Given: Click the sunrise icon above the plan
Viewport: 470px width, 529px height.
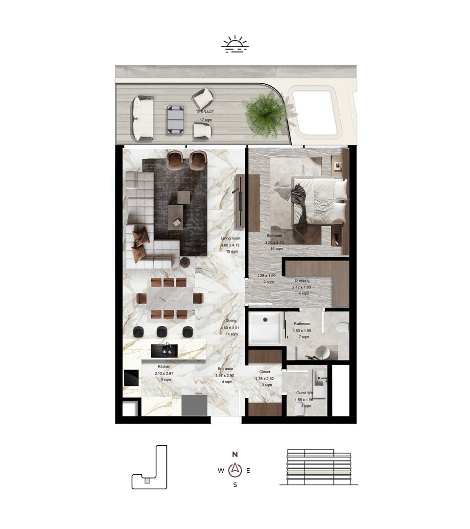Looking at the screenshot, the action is pyautogui.click(x=235, y=44).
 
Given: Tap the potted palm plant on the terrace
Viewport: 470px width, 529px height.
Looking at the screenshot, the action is pyautogui.click(x=266, y=114).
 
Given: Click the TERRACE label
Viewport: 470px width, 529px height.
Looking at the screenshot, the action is pyautogui.click(x=205, y=112).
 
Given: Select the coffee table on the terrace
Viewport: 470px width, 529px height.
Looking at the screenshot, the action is pyautogui.click(x=175, y=120).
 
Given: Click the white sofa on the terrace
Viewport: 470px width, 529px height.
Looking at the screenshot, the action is pyautogui.click(x=142, y=118).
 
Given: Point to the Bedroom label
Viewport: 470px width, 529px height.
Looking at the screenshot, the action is pyautogui.click(x=274, y=236).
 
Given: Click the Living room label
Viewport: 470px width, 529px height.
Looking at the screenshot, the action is pyautogui.click(x=231, y=238).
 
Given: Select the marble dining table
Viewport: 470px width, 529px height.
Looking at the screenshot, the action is pyautogui.click(x=170, y=298).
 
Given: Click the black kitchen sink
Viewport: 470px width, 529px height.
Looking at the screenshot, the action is pyautogui.click(x=164, y=351).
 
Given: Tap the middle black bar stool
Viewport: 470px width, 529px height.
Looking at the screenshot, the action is pyautogui.click(x=162, y=332).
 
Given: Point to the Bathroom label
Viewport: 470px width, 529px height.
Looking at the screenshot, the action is pyautogui.click(x=302, y=324).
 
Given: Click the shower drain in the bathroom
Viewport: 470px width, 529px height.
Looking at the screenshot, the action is pyautogui.click(x=265, y=319).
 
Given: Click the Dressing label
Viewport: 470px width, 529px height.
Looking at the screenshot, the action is pyautogui.click(x=302, y=280).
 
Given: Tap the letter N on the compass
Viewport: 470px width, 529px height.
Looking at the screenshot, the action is pyautogui.click(x=235, y=454).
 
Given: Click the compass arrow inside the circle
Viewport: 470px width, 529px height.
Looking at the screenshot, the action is pyautogui.click(x=235, y=469).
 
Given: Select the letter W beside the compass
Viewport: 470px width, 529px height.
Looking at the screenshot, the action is pyautogui.click(x=221, y=470).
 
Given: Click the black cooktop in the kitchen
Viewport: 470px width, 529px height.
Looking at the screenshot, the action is pyautogui.click(x=131, y=378).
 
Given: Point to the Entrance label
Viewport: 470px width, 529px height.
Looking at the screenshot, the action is pyautogui.click(x=225, y=369).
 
